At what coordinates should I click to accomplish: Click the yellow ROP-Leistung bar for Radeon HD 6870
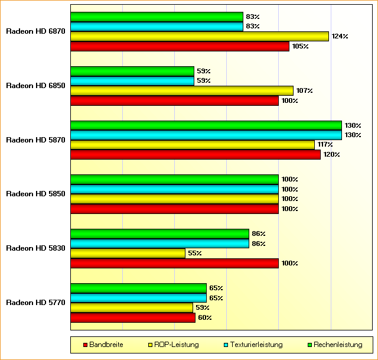point(199,37)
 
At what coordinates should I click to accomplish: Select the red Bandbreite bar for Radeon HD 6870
point(180,46)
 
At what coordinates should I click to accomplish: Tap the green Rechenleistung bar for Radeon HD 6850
point(132,72)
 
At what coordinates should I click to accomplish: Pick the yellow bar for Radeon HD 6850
point(181,90)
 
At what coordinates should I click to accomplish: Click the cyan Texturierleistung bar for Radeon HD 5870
point(206,135)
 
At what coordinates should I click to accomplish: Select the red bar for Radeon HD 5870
point(195,154)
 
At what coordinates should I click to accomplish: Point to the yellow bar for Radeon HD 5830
point(128,254)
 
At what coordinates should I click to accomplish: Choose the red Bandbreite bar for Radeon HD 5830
point(174,263)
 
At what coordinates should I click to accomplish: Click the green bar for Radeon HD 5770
point(138,288)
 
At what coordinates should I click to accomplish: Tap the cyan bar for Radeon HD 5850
point(174,189)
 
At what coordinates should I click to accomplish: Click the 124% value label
point(340,37)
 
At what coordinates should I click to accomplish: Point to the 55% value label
point(195,254)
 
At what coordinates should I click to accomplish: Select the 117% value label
point(325,145)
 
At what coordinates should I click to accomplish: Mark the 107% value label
point(304,90)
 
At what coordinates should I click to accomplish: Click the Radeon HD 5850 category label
point(35,194)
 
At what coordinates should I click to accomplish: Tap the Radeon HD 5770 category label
point(35,303)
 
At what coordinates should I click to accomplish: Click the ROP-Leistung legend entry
point(176,345)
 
